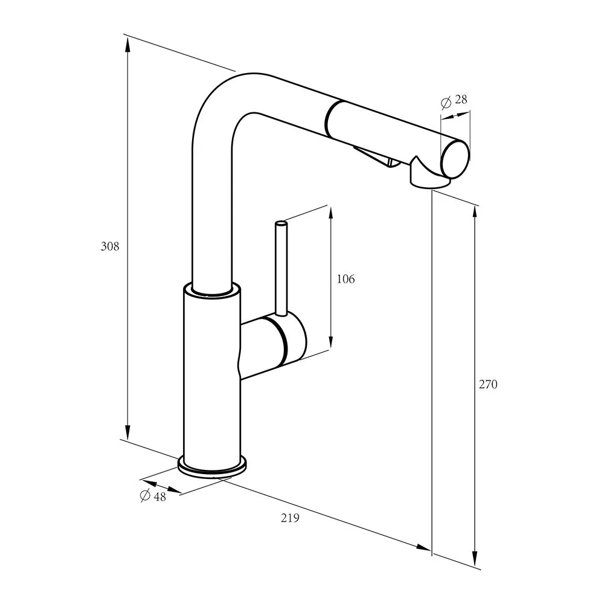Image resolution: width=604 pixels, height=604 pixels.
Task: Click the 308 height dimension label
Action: (110, 246)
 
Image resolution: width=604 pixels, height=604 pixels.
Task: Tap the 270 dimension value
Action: (488, 384)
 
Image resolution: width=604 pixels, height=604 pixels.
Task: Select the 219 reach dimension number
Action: (290, 518)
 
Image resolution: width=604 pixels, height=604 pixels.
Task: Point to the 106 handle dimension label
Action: (345, 279)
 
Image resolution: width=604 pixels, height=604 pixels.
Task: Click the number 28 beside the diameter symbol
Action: (461, 100)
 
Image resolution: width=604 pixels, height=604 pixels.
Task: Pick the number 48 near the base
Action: (159, 497)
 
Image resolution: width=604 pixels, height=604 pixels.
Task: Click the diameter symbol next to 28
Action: (446, 103)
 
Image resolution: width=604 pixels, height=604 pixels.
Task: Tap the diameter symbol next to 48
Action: (145, 495)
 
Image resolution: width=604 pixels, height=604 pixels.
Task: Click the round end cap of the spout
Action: (455, 159)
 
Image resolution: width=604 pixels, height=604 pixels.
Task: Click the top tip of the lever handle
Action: (281, 223)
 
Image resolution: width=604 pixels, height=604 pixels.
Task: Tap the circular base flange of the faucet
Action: (212, 467)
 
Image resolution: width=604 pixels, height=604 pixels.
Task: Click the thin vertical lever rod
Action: (281, 269)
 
